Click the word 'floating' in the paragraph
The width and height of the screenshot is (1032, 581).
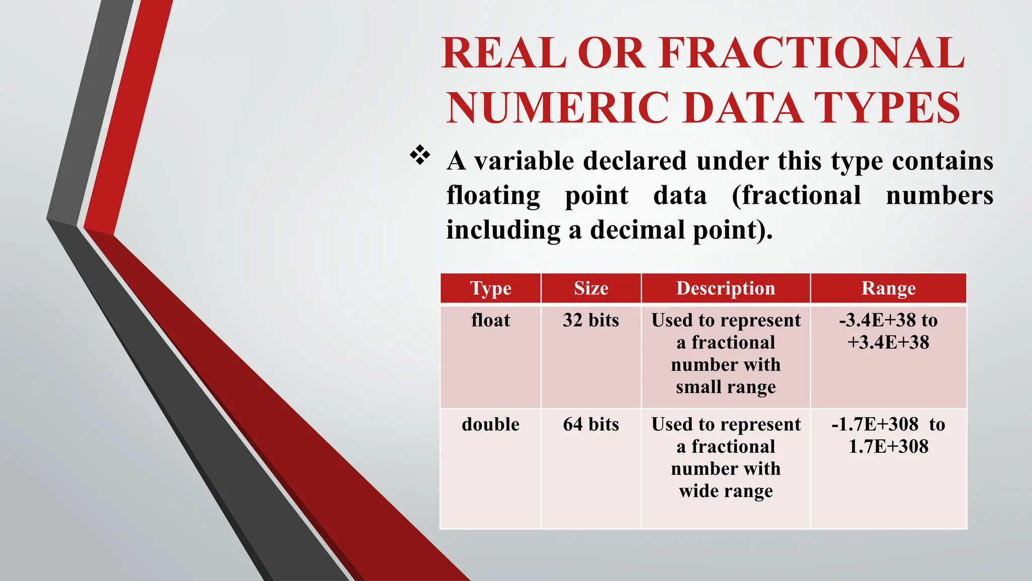click(x=493, y=196)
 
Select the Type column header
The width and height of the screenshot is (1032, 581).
click(x=490, y=288)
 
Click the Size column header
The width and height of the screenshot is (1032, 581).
click(x=591, y=288)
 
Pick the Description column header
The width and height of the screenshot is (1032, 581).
click(x=726, y=288)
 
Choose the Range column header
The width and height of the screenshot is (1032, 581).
click(x=888, y=288)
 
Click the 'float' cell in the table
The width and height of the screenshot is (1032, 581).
click(x=490, y=320)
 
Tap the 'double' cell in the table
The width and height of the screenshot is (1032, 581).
click(x=490, y=424)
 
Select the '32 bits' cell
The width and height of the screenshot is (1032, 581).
click(x=591, y=320)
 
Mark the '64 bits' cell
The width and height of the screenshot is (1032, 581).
click(x=591, y=424)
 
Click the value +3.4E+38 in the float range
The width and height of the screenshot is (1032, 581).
click(x=888, y=342)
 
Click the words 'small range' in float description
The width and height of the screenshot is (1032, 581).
click(x=726, y=387)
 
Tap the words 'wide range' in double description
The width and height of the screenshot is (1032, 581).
click(x=726, y=491)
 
